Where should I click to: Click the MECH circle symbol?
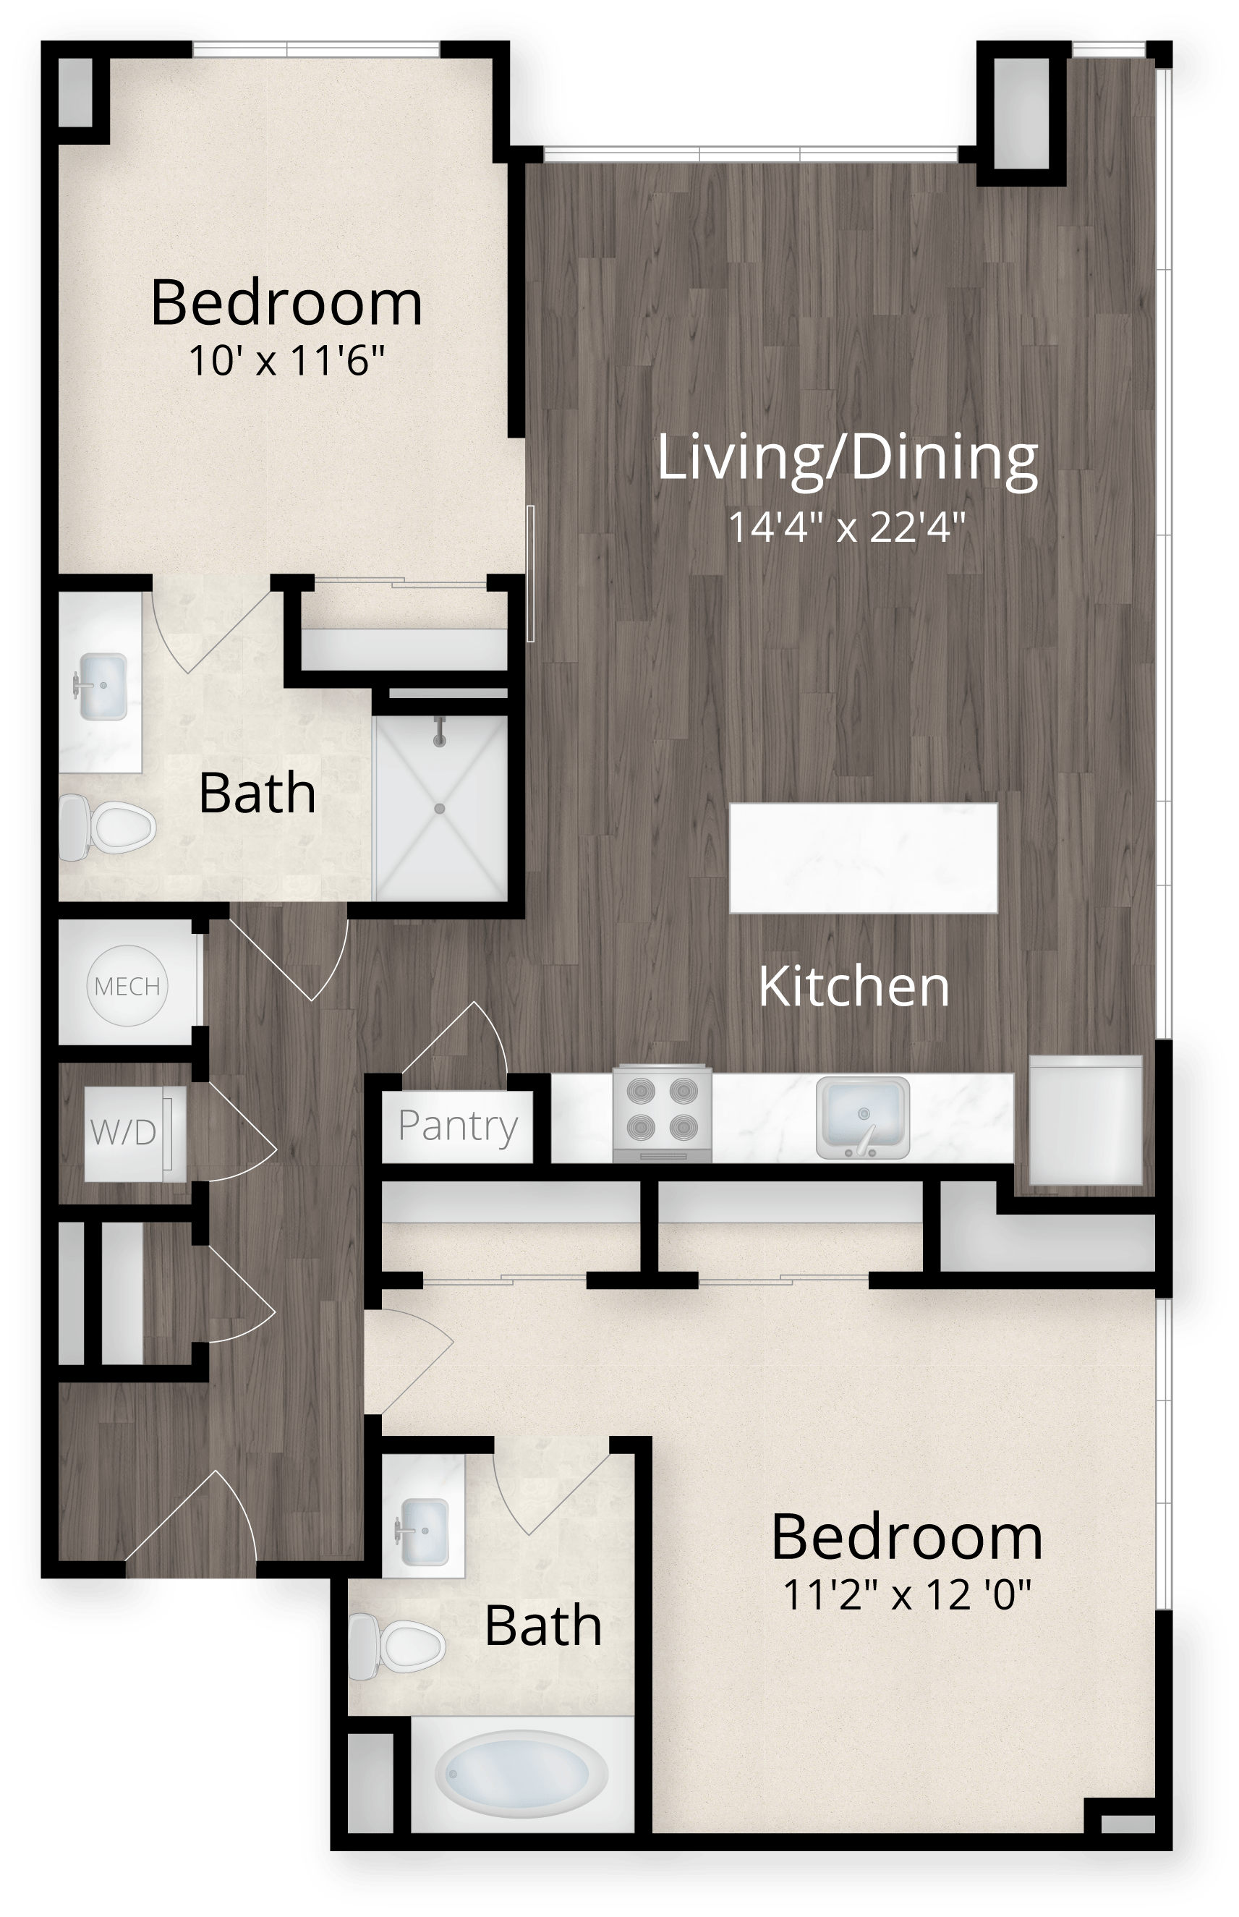[127, 985]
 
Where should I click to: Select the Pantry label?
[458, 1126]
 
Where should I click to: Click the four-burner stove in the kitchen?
[662, 1113]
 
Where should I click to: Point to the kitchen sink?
[862, 1118]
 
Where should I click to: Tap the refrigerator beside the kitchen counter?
[1086, 1120]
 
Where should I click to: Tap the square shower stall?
[440, 807]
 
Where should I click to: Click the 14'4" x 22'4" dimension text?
[846, 529]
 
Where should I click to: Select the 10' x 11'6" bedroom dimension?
[286, 361]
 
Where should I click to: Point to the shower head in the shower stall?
[439, 731]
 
